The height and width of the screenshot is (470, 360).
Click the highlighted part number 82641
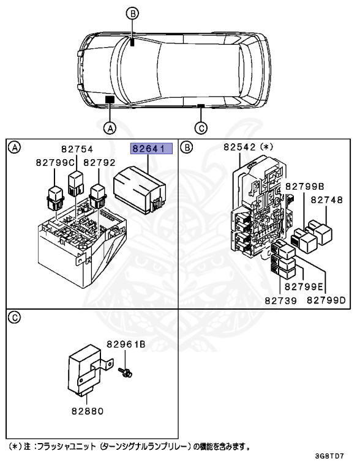point(150,148)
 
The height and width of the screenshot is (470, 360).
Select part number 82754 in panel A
point(78,149)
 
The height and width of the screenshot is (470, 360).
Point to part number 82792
point(99,162)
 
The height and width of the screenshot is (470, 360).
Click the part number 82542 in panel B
point(240,147)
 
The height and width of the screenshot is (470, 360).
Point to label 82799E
point(300,286)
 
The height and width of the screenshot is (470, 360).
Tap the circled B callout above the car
point(133,12)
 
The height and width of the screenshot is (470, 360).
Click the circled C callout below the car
point(200,128)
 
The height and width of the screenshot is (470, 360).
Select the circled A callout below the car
point(110,128)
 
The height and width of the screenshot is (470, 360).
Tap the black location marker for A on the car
point(110,99)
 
